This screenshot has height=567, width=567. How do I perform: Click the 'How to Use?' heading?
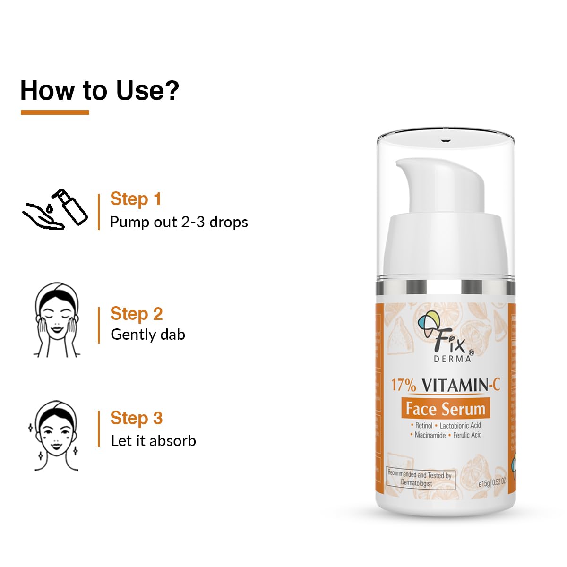coord(100,90)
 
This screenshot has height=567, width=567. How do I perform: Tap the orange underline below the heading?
coord(55,112)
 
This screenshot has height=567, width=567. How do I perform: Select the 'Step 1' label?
coord(136,199)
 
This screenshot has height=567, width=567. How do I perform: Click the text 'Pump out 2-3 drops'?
coord(179,222)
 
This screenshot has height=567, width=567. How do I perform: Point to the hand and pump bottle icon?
coord(56,210)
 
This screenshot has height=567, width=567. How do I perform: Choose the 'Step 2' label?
coord(136,314)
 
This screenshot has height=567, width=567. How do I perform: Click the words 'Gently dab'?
coord(147,335)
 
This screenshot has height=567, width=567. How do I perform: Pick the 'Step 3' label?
coord(136,418)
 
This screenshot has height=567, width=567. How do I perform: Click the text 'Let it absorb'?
coord(153,441)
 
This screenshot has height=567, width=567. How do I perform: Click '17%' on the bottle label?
coord(403,385)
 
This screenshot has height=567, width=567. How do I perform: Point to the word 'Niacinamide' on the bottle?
coord(430,435)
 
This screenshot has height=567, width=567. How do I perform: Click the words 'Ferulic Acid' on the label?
coord(467,435)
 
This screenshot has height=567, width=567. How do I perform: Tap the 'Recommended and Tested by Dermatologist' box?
coord(420,479)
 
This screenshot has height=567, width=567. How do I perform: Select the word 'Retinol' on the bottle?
coord(423,426)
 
